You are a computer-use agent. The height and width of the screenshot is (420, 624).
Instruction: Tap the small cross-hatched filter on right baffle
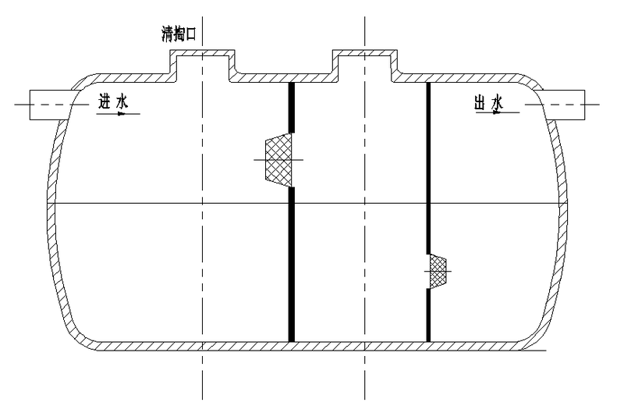point(438,271)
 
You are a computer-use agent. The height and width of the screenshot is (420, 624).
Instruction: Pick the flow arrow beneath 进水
point(119,114)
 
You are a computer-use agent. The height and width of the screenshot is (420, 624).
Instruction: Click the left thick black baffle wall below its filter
point(292,265)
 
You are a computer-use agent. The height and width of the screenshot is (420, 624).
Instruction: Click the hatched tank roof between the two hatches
point(285,77)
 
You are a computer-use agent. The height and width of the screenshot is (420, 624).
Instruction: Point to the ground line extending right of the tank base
point(546,350)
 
